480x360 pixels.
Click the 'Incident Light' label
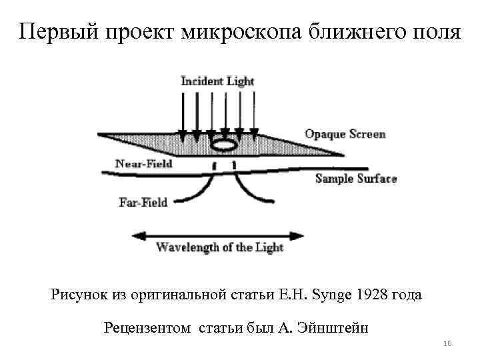coord(218,81)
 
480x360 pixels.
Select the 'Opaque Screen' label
coord(345,134)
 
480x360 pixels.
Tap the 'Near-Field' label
coord(143,163)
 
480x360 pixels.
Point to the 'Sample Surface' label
coord(355,179)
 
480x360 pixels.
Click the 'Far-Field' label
coord(143,201)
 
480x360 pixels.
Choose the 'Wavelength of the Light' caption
coord(219,247)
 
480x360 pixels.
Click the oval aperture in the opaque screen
coord(225,144)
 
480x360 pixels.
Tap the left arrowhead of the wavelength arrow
coord(139,235)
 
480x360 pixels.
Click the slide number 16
coord(447,343)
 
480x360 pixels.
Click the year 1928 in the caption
coord(372,294)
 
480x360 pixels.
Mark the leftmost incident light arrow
coord(182,113)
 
